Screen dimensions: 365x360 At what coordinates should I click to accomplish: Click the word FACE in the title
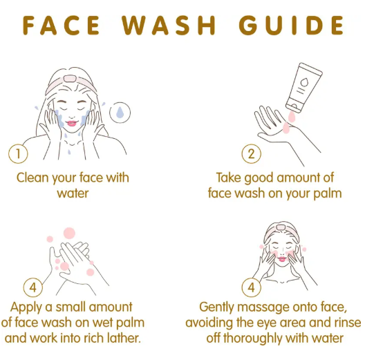(62, 26)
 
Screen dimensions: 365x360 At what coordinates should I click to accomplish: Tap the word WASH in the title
(169, 26)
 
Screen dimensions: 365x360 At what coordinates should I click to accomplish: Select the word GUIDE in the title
(292, 26)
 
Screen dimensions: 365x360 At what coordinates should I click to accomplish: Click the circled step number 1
(18, 154)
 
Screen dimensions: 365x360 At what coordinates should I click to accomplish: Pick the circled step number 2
(251, 154)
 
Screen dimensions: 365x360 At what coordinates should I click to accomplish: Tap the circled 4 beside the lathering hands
(33, 287)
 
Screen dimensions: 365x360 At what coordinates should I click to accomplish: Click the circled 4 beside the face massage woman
(251, 287)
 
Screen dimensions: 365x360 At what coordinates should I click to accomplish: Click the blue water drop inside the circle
(120, 112)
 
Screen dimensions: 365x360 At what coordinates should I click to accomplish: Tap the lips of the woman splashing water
(71, 123)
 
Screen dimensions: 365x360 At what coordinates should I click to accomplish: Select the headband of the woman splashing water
(71, 82)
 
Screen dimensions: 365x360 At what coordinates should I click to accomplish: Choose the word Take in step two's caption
(230, 178)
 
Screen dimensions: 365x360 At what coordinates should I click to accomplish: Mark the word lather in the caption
(124, 338)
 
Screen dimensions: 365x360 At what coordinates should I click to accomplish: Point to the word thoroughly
(252, 339)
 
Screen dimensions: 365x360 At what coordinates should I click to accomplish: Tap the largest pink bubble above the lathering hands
(69, 233)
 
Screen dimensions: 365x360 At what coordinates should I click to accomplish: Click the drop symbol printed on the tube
(304, 82)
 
